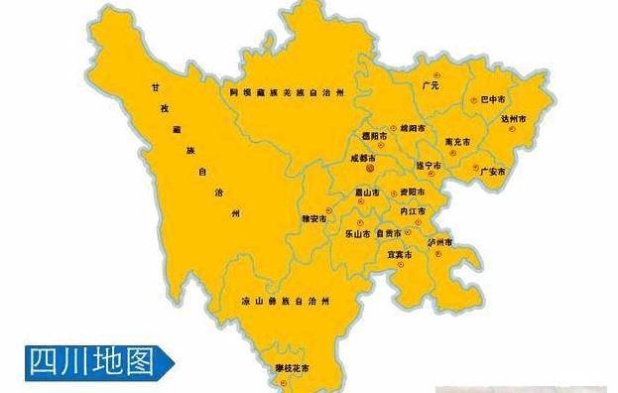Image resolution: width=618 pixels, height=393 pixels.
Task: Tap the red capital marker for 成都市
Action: [370, 169]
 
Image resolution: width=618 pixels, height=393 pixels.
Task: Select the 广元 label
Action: [430, 86]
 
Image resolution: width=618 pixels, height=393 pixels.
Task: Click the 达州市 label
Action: [515, 118]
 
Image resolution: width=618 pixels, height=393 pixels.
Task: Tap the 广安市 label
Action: [493, 172]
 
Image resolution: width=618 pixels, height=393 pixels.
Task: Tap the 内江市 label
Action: [411, 211]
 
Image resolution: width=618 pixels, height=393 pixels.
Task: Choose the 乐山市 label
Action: [357, 234]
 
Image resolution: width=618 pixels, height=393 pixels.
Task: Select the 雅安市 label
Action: [314, 217]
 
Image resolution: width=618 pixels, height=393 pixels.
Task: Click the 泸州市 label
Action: [439, 241]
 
